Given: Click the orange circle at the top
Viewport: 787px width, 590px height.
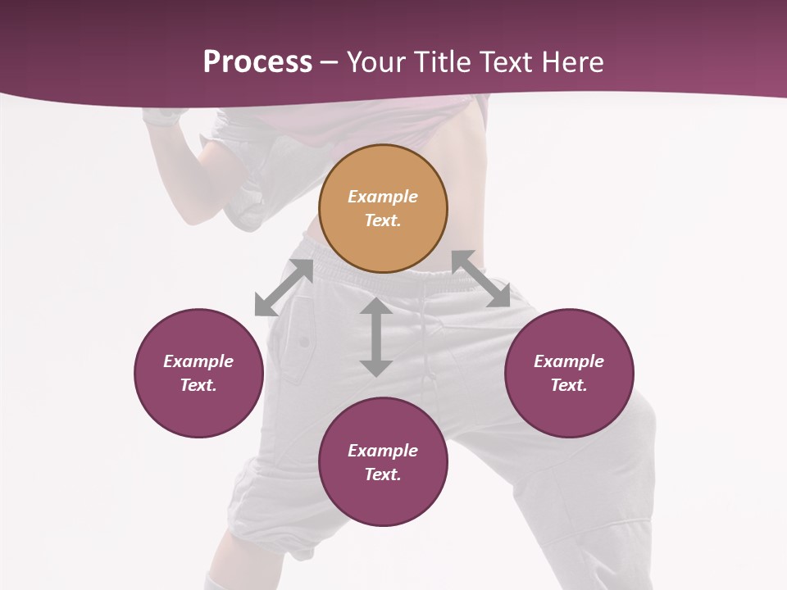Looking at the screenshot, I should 383,208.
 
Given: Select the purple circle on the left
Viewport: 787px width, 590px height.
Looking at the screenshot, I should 198,373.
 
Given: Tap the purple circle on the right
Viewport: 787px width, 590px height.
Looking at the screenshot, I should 569,373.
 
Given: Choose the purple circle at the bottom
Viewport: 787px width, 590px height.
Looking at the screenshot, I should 383,462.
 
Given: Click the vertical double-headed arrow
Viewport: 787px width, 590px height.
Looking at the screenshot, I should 375,337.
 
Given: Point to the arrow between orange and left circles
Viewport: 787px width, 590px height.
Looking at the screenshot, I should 284,288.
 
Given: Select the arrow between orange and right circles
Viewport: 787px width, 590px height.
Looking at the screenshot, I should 480,279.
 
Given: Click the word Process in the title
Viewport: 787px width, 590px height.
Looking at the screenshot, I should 257,61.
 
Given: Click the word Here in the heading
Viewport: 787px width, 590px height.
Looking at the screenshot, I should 574,61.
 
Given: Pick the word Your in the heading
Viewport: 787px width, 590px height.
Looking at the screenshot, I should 375,61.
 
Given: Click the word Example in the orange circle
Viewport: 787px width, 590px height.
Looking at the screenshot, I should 383,197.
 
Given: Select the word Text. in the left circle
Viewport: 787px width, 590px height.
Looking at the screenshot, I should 198,385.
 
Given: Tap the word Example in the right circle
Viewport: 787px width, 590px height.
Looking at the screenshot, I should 569,361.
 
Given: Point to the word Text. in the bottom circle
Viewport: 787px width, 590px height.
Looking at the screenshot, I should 383,474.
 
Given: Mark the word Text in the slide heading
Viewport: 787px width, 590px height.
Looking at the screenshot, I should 507,61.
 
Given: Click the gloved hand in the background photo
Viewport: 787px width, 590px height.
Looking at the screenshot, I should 160,116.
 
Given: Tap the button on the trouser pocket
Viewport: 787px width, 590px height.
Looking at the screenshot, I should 304,341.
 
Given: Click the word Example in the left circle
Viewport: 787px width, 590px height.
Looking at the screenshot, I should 198,361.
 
